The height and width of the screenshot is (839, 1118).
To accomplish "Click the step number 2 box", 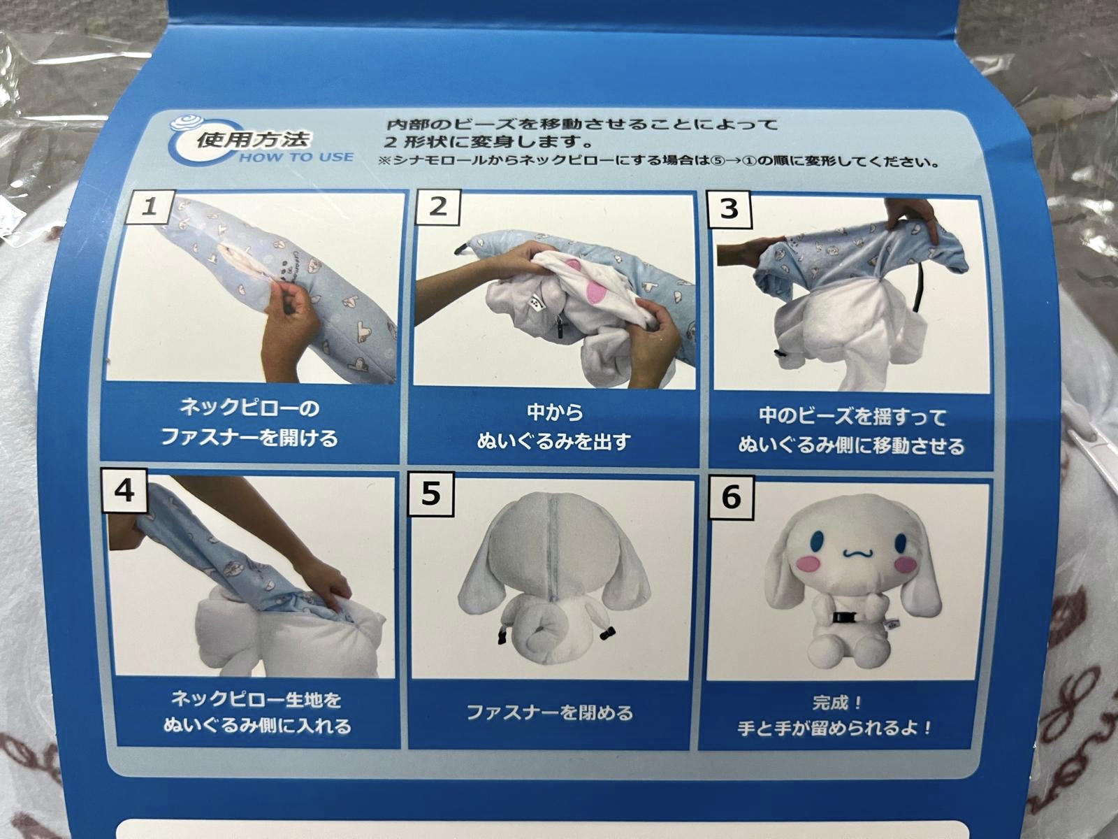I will tap(437, 207).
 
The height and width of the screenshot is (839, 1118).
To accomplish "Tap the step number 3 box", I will tap(728, 208).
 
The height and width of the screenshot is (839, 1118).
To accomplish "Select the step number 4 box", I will tap(124, 492).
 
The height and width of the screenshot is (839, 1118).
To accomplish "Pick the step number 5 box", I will tap(431, 494).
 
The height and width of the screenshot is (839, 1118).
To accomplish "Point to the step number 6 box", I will tap(731, 497).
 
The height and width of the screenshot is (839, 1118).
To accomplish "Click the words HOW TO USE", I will tap(296, 157).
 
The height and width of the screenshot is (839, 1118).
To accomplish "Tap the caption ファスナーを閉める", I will tap(549, 712).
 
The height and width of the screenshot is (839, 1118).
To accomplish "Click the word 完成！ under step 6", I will tap(837, 701).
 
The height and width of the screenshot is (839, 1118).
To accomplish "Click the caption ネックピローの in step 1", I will tap(249, 408).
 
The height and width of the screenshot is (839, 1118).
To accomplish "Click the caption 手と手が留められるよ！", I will tap(835, 728).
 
